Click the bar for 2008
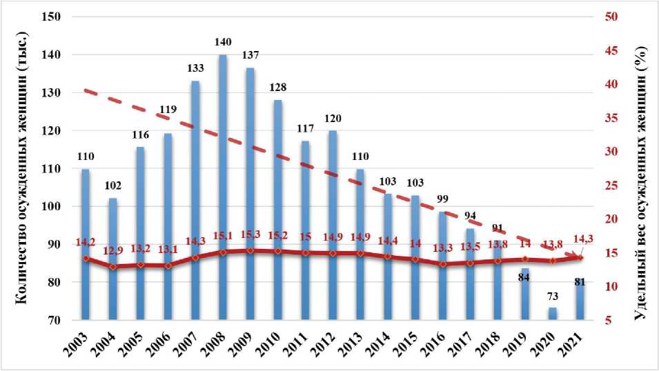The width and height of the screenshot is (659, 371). click(223, 186)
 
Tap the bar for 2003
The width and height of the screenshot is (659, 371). click(86, 244)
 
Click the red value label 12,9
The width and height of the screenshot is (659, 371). click(114, 250)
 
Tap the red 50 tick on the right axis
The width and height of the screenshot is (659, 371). click(610, 17)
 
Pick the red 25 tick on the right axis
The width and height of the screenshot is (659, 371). click(610, 186)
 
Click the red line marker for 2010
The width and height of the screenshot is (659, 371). click(278, 251)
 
